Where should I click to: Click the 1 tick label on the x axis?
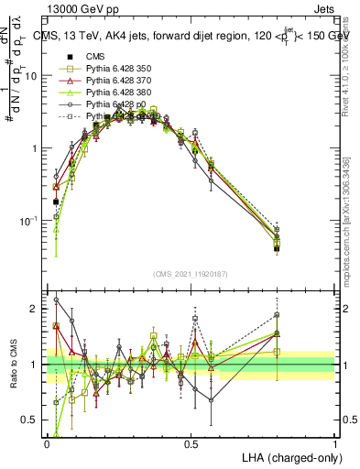click(335, 443)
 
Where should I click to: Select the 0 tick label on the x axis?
click(47, 443)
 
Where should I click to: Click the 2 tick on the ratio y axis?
click(39, 309)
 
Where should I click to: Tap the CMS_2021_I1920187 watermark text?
click(191, 274)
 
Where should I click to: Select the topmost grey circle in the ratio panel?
click(56, 300)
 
